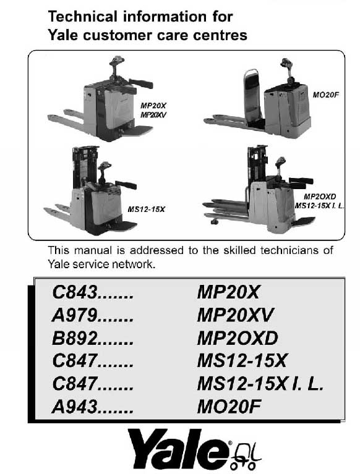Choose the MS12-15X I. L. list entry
[260, 386]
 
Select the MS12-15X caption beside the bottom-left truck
[147, 210]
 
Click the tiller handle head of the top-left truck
[116, 62]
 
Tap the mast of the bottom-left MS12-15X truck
[81, 164]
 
